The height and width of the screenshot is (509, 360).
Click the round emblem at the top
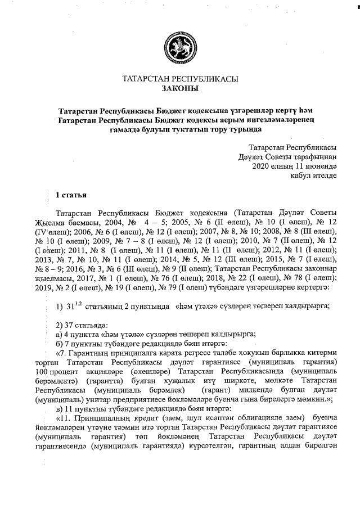tap(179, 46)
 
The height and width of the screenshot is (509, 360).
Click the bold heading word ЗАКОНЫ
tap(179, 89)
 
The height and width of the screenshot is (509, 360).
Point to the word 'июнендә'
tap(321, 166)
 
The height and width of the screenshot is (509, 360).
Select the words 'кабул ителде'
tap(314, 176)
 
